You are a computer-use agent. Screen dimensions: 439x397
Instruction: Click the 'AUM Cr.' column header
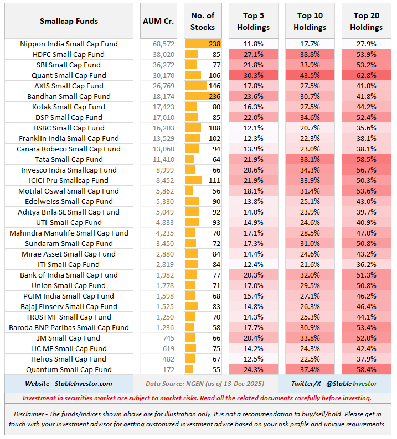(x=158, y=21)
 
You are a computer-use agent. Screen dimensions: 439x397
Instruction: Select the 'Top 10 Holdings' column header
(x=310, y=21)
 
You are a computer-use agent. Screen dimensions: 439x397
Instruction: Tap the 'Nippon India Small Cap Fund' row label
(x=69, y=44)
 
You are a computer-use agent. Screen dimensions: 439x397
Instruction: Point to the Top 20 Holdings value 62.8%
(x=366, y=75)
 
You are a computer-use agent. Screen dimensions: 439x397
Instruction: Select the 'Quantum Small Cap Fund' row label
(x=69, y=369)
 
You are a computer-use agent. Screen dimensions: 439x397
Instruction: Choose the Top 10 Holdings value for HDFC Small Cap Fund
(x=310, y=54)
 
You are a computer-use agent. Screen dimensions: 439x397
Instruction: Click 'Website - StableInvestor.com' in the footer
(x=69, y=383)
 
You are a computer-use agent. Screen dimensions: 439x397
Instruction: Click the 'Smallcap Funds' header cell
(x=69, y=21)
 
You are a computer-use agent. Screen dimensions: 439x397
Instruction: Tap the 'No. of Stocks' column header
(x=203, y=21)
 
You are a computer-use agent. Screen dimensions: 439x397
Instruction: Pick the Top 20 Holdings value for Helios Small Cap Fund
(x=366, y=359)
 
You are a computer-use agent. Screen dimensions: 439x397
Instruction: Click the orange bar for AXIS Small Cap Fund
(x=196, y=86)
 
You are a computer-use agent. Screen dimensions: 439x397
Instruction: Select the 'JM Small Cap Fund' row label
(x=69, y=338)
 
